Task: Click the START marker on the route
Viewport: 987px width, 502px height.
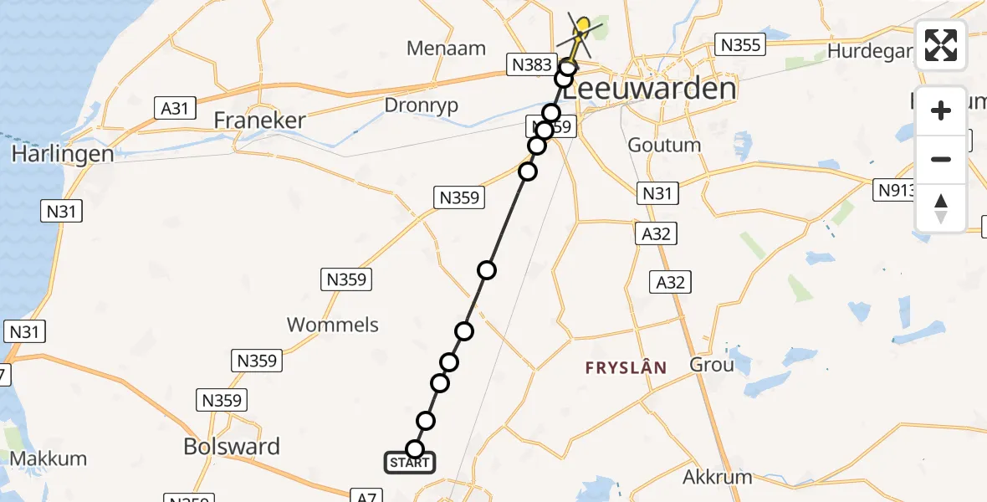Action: [x=410, y=462]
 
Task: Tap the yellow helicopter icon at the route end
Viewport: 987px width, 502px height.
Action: [x=582, y=33]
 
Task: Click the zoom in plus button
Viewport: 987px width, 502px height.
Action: [x=941, y=110]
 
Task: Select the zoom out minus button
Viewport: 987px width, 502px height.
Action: [x=941, y=159]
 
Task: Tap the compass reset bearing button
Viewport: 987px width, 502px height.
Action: [x=941, y=207]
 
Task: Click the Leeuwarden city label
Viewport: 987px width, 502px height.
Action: [x=650, y=89]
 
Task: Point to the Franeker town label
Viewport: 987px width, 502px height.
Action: [x=259, y=120]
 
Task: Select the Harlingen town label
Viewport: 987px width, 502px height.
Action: [x=63, y=155]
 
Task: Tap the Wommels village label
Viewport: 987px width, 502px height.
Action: [x=333, y=325]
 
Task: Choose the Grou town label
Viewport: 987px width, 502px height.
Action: [x=712, y=365]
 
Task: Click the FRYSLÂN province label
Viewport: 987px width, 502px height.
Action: [x=626, y=367]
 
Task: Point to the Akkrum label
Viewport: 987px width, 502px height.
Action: [x=718, y=478]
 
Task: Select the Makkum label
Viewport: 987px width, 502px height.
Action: [x=49, y=458]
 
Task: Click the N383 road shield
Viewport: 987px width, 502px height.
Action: [x=530, y=64]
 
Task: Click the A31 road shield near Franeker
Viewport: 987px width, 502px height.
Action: [x=175, y=107]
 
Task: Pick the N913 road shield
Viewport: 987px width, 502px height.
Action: [x=896, y=190]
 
